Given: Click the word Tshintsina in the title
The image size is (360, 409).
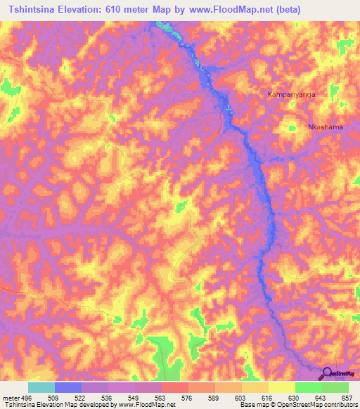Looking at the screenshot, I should (x=34, y=9).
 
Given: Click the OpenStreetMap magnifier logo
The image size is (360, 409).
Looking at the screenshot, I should (x=327, y=374).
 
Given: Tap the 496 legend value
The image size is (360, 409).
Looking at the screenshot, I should (x=27, y=398).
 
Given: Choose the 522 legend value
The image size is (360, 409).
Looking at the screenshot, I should (x=82, y=398).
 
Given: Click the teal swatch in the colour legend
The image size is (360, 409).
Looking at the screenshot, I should (x=41, y=387).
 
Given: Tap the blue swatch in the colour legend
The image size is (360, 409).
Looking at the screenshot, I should (x=68, y=387).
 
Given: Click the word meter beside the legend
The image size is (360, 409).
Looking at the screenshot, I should (x=10, y=398).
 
